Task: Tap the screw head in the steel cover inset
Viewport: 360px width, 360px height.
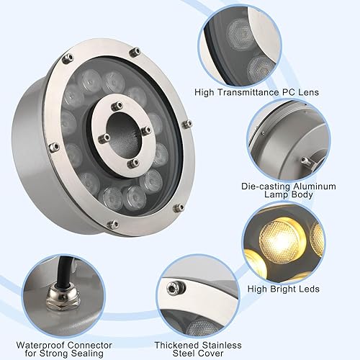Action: pyautogui.click(x=172, y=288)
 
